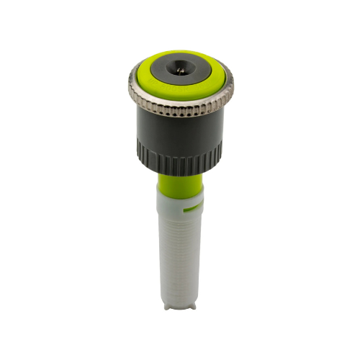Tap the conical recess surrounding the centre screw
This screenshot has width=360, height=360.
pyautogui.click(x=180, y=67)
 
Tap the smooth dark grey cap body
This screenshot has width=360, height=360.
pyautogui.click(x=180, y=130)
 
